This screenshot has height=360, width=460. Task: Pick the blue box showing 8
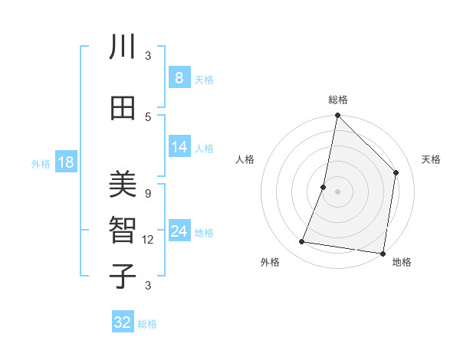click(179, 77)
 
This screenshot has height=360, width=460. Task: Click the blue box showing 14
click(179, 147)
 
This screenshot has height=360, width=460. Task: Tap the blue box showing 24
click(179, 231)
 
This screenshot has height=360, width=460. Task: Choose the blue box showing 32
click(123, 322)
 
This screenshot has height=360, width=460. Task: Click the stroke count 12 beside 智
click(148, 240)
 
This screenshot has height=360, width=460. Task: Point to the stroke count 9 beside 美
click(148, 194)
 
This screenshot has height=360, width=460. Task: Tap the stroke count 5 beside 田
click(148, 116)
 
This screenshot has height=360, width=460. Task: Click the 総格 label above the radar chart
click(338, 100)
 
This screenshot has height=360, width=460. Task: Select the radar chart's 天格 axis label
click(431, 159)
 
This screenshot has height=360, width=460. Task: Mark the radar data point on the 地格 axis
click(383, 253)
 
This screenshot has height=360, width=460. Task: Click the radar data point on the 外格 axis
click(302, 242)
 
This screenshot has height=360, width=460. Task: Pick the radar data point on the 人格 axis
click(324, 187)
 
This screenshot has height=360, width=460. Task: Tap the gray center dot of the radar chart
click(337, 191)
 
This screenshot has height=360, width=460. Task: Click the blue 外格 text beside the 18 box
click(41, 163)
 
